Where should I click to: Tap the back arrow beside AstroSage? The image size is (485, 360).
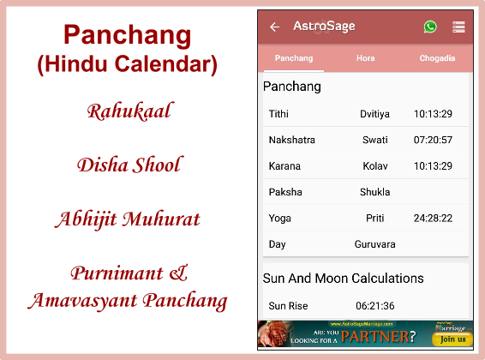[x=274, y=27]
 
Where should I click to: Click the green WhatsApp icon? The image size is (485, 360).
[x=430, y=27]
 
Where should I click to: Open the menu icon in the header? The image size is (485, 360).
[x=458, y=27]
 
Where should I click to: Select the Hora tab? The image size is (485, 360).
[x=365, y=58]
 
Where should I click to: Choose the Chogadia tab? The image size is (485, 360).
[x=437, y=58]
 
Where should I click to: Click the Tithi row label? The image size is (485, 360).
[x=278, y=114]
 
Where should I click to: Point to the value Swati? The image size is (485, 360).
[x=374, y=140]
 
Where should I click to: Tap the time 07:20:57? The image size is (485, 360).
[x=433, y=140]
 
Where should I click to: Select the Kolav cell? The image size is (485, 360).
[x=374, y=166]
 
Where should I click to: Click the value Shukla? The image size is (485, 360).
[x=374, y=192]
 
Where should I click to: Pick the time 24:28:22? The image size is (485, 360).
[x=433, y=219]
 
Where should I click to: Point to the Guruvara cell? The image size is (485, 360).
[x=374, y=244]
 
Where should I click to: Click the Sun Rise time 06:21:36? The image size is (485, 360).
[x=374, y=306]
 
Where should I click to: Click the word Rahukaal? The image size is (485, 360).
[x=129, y=111]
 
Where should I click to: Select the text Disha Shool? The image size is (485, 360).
[x=129, y=164]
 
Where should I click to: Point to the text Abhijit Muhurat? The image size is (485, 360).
[x=128, y=218]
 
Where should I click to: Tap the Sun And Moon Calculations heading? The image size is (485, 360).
[x=343, y=279]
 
